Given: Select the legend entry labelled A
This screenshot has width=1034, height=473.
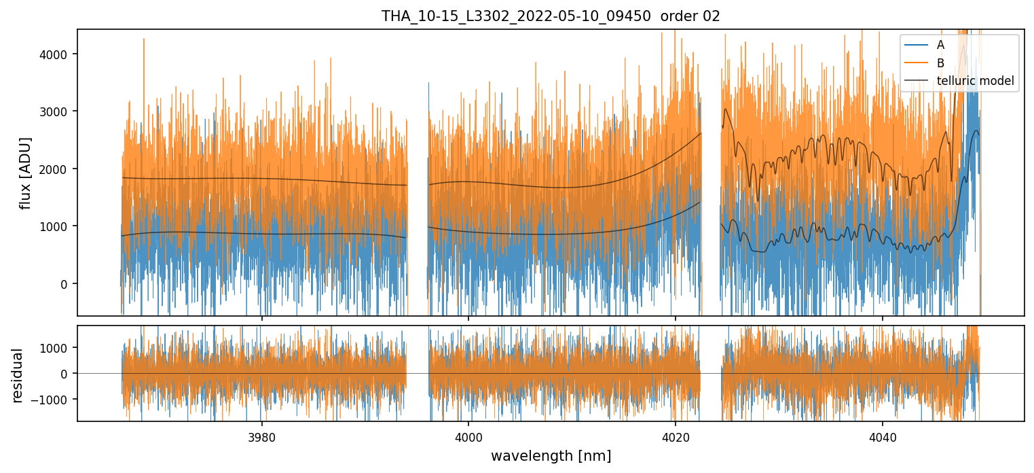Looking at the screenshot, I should click(940, 45).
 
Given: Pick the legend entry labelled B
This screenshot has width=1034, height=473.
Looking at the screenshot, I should click(940, 63).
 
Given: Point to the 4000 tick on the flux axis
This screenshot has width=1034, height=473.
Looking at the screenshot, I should click(58, 54).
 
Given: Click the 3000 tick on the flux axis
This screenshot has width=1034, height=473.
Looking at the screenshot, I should click(58, 111).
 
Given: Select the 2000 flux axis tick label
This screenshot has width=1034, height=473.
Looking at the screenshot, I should click(58, 169).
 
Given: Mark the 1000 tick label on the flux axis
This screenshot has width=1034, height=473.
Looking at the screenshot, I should click(58, 226).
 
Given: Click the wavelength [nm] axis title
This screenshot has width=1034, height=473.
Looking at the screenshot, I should click(550, 455).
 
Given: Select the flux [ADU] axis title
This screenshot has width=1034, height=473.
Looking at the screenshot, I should click(26, 173).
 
